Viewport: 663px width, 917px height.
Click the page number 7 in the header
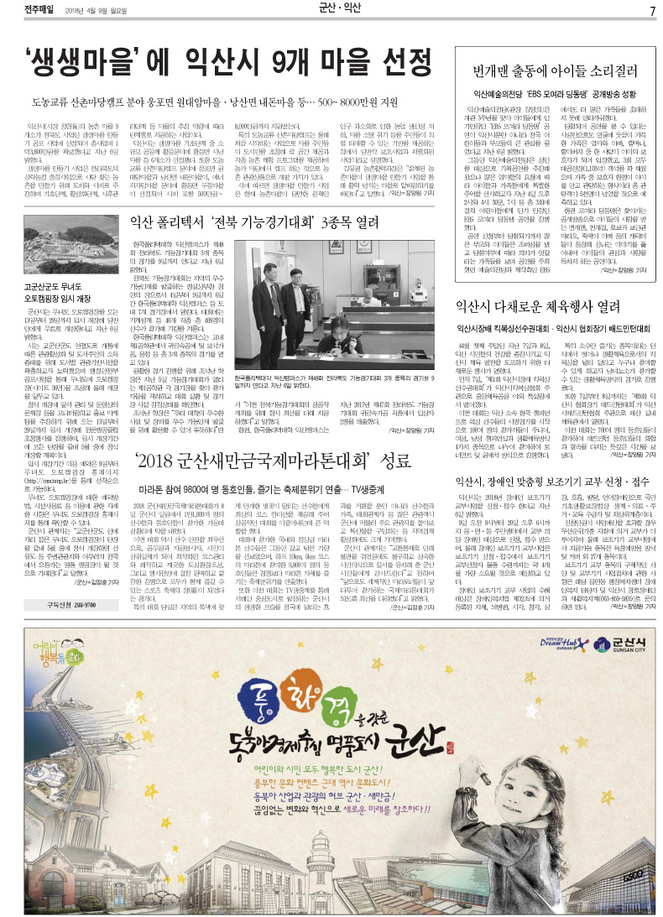coord(651,10)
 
